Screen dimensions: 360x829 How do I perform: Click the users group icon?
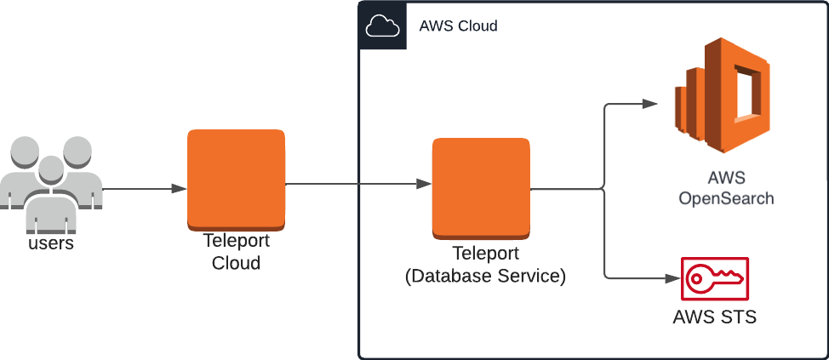pos(51,183)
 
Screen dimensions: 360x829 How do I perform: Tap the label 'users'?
pos(51,243)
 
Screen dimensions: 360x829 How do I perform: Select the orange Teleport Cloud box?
pos(236,180)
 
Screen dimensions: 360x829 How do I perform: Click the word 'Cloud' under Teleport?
pos(236,263)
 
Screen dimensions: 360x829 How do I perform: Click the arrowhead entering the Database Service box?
pos(423,184)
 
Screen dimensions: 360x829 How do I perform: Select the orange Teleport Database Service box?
pos(481,187)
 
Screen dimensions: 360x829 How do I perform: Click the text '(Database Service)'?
pos(485,276)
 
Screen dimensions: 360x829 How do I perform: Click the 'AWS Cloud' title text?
pos(458,26)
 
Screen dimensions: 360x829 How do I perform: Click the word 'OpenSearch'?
pos(726,198)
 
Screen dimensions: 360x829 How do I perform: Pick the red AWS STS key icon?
pos(714,278)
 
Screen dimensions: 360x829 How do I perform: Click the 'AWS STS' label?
pos(714,317)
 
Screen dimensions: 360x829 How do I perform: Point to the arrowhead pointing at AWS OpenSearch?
pos(650,104)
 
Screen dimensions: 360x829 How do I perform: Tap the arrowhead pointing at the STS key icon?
pos(672,278)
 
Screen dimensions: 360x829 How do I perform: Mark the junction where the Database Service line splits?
pos(603,189)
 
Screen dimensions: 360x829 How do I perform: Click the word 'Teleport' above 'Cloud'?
pos(236,242)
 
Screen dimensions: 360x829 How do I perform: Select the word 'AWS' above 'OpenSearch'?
pos(726,178)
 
